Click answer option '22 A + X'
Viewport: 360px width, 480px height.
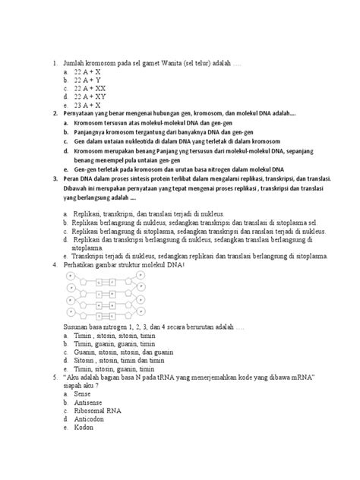tap(87, 69)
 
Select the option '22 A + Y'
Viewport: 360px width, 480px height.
tap(87, 78)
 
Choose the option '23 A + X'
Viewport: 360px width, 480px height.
tap(87, 106)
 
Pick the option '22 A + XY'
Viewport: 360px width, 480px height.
tap(90, 96)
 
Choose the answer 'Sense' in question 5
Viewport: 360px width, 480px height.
tap(84, 395)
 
